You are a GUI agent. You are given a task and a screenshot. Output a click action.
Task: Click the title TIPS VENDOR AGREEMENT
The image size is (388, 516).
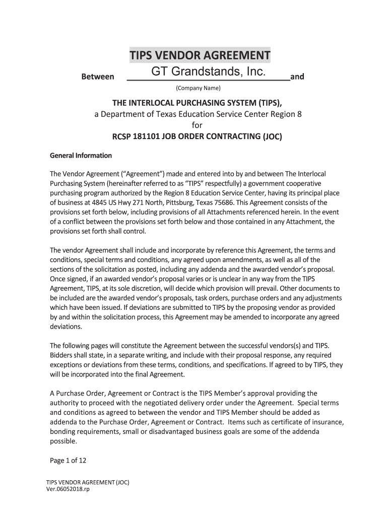tap(200, 55)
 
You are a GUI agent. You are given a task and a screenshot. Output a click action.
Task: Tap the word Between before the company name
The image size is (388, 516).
tap(98, 77)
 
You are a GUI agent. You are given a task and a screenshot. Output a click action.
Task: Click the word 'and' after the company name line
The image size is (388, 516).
tap(297, 77)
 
